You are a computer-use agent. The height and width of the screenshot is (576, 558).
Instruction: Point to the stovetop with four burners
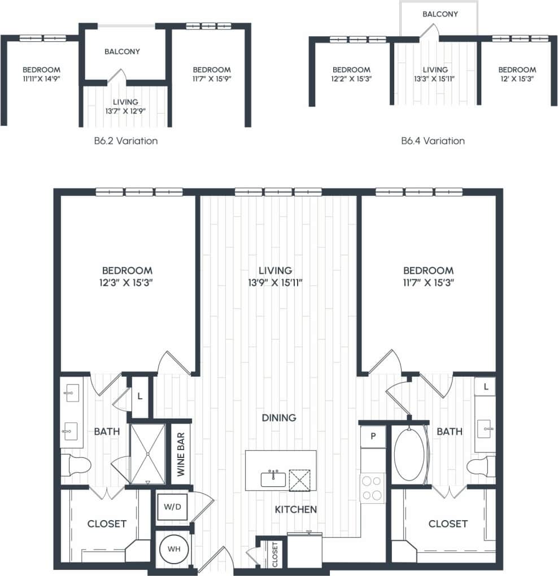(x=372, y=488)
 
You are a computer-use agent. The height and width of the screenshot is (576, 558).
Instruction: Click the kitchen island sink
(x=273, y=479)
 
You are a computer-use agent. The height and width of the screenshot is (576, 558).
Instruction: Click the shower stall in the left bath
(x=147, y=453)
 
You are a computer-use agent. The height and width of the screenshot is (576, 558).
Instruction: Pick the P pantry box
(x=373, y=437)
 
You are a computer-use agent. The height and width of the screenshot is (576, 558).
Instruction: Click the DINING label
(x=279, y=418)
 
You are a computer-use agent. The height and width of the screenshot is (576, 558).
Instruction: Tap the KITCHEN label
(x=295, y=509)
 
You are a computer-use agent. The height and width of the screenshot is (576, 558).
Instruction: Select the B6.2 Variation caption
(x=126, y=141)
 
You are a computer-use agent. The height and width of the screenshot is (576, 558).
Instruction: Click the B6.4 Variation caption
(x=433, y=141)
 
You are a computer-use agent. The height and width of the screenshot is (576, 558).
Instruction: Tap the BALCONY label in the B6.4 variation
(x=440, y=14)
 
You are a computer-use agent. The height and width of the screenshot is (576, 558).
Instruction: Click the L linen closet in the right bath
(x=485, y=387)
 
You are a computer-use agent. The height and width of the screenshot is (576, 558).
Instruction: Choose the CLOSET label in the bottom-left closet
(x=107, y=523)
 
